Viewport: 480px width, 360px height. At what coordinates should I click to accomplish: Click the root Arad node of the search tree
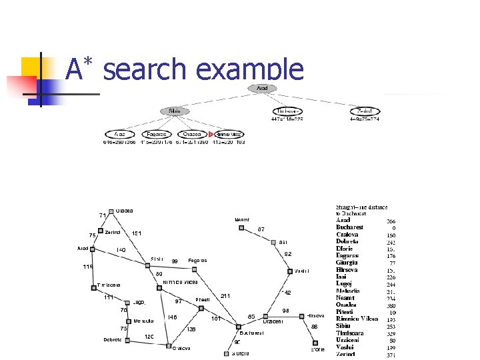coord(262,88)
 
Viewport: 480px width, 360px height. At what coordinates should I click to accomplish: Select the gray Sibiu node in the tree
coord(175,111)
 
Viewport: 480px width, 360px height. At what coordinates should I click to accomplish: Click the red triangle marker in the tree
coord(211,134)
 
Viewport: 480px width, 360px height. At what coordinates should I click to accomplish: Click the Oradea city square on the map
coord(111,211)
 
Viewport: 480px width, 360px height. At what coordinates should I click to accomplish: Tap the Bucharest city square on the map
coord(238,327)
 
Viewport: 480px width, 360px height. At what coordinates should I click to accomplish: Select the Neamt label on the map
coord(242,219)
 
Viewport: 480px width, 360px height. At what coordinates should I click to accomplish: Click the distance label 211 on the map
coord(225,296)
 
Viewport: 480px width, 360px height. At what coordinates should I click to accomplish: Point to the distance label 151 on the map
coord(136,233)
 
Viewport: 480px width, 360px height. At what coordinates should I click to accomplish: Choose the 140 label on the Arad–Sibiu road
coord(121,250)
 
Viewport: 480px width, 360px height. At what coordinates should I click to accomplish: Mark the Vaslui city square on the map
coord(289,271)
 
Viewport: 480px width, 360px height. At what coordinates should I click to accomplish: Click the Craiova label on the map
coord(182,348)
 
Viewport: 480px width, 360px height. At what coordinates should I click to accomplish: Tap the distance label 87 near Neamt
coord(261,229)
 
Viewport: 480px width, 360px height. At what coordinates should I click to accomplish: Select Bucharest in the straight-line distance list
coord(350,227)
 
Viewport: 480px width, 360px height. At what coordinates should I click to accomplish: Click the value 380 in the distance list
coord(391,305)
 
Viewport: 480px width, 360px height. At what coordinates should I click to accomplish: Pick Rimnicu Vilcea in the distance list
coord(357,319)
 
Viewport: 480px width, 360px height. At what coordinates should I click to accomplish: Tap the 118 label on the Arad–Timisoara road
coord(87,267)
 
